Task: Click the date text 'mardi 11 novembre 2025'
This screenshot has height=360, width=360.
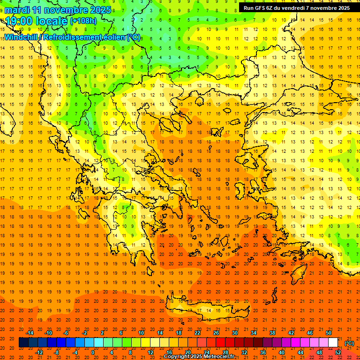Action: tap(58, 10)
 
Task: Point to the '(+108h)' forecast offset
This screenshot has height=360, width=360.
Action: tap(83, 21)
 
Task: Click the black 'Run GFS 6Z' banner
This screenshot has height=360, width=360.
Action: tap(296, 8)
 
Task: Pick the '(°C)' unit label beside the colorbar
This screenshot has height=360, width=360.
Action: tap(349, 343)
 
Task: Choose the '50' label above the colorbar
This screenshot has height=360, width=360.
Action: tap(329, 333)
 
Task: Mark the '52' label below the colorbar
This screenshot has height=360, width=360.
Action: tap(338, 352)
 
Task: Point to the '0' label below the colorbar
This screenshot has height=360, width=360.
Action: tap(93, 352)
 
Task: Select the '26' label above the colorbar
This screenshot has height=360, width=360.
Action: tap(216, 333)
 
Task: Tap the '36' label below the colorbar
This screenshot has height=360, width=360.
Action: tap(263, 352)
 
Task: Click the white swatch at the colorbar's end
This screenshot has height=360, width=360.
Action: tap(333, 343)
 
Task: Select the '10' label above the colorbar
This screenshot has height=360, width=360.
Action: tap(141, 333)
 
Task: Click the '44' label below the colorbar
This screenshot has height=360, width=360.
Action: tap(300, 352)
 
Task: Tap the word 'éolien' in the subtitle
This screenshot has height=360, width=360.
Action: tap(104, 37)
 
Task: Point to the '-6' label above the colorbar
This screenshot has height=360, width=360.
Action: tap(66, 333)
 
